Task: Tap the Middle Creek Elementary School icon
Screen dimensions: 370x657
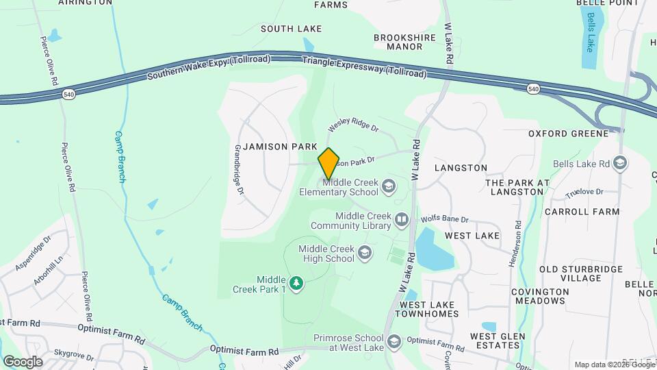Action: (389, 186)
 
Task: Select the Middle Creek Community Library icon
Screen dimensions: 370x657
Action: (402, 220)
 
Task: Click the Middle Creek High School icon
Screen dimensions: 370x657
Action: (365, 254)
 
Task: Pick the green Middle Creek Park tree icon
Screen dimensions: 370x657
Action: (296, 283)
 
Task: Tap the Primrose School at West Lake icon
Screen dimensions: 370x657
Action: (394, 341)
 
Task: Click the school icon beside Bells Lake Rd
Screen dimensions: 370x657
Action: (620, 163)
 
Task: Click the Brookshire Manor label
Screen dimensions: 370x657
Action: (398, 42)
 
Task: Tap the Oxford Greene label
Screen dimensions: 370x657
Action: (568, 133)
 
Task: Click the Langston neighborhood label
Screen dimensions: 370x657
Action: (460, 168)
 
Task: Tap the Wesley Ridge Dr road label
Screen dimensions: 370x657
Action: (353, 124)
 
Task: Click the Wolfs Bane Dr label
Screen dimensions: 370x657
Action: (445, 219)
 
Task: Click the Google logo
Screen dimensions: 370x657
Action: (23, 362)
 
